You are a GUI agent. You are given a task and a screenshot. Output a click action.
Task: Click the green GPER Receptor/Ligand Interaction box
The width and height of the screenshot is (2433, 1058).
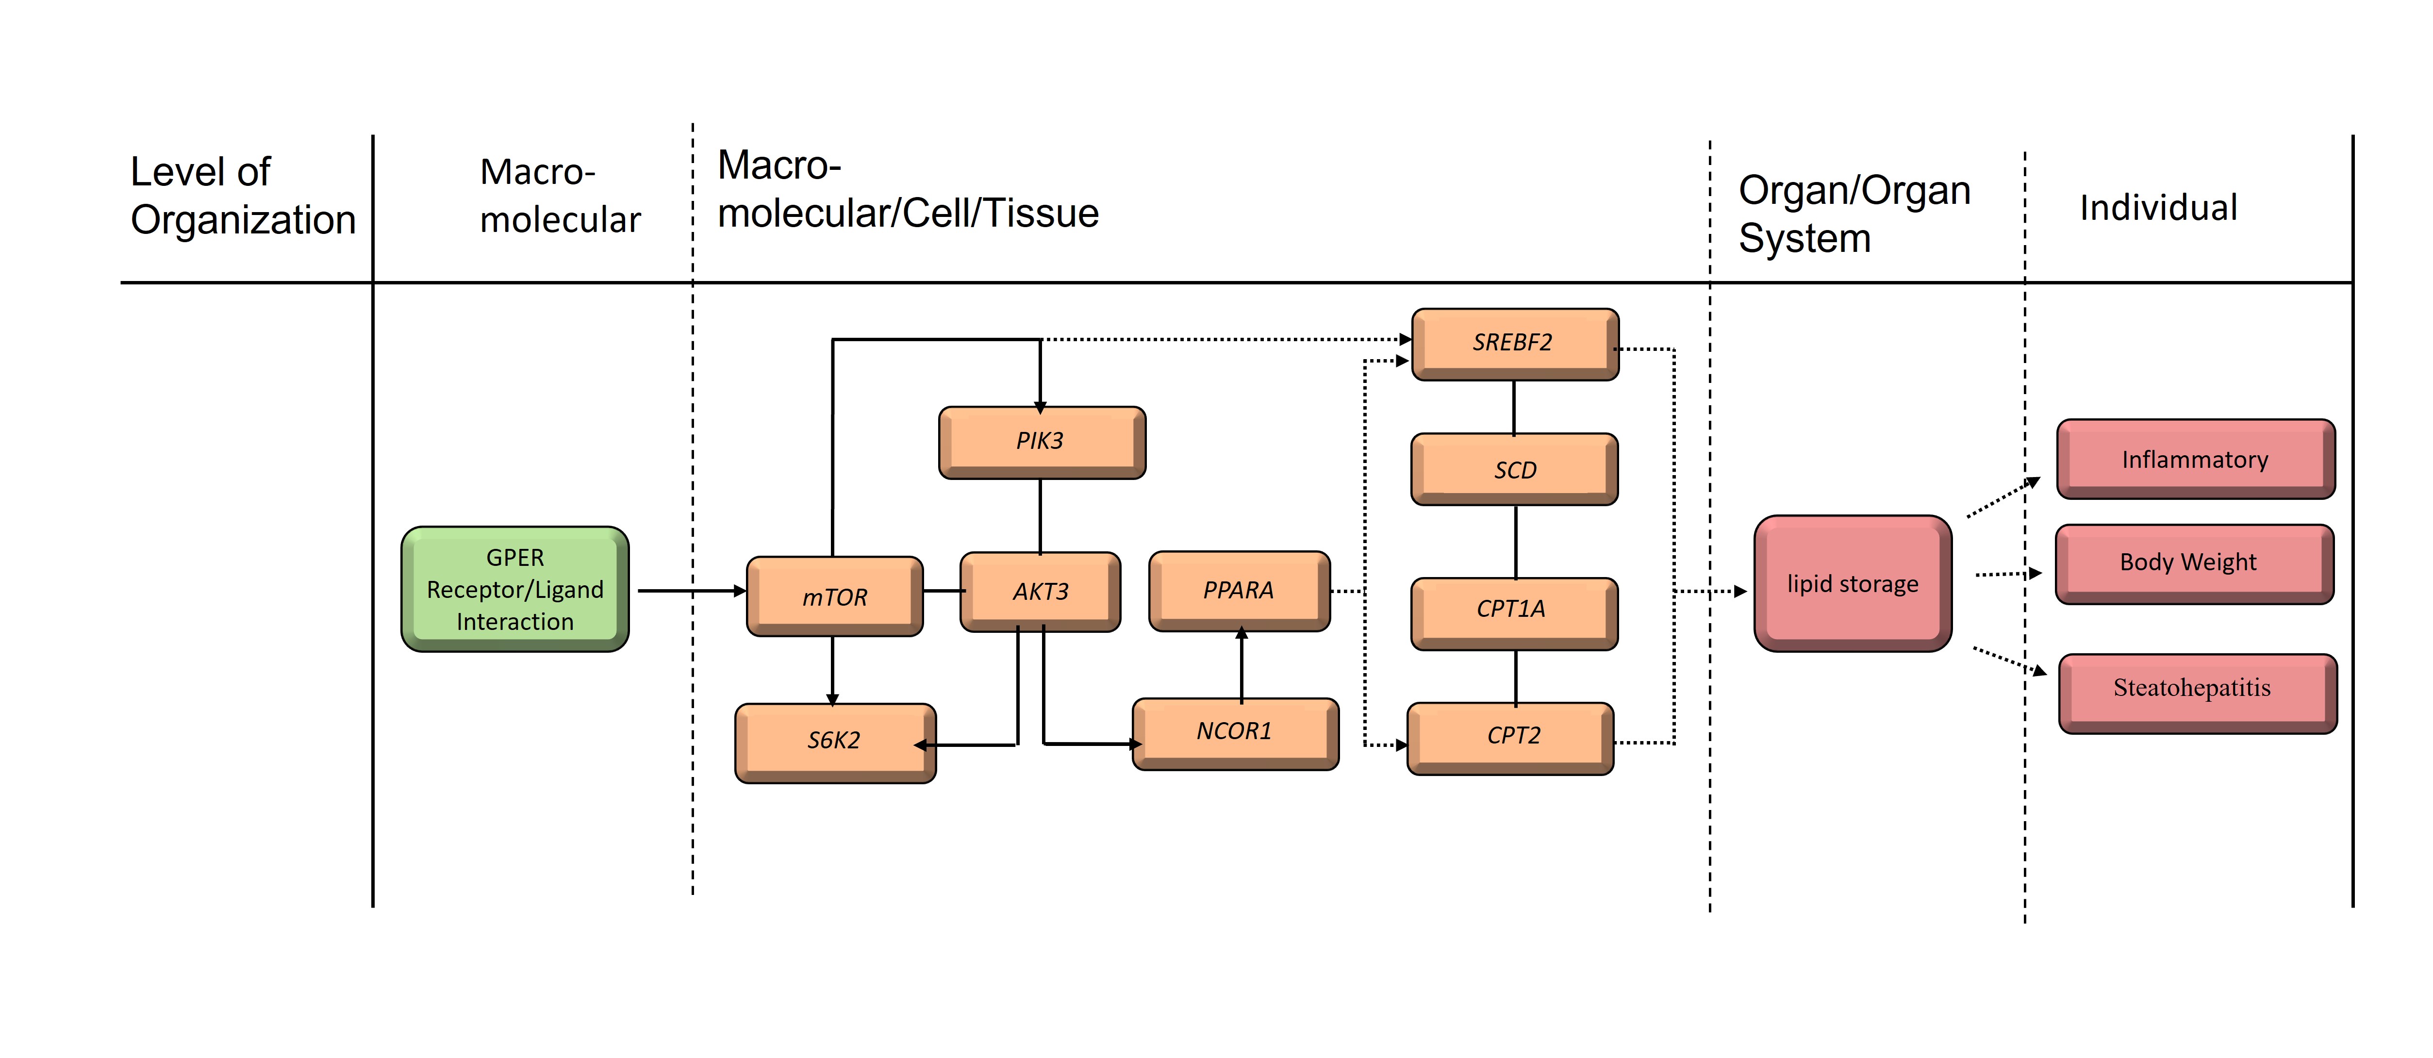point(515,590)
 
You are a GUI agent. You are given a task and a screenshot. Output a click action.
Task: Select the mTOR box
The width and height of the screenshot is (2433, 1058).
point(834,596)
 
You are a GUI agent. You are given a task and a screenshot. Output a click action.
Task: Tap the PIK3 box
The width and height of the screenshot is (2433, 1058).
point(1041,441)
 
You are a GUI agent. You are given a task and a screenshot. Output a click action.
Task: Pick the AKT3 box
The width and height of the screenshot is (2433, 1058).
point(1040,591)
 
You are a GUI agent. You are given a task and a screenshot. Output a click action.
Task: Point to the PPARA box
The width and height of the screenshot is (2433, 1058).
point(1238,591)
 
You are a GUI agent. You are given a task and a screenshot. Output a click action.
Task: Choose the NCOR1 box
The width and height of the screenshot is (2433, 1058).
point(1234,732)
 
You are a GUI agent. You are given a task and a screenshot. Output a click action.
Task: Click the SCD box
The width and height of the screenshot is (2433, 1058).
point(1514,469)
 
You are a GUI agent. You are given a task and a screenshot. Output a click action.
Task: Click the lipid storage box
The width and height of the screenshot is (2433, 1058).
point(1852,584)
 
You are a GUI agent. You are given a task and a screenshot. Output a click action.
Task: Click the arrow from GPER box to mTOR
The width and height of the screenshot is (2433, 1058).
point(690,591)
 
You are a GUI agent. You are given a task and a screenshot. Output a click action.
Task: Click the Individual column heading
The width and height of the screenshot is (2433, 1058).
point(2158,208)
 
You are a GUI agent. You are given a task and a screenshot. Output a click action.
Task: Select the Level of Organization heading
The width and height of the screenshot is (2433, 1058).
point(242,196)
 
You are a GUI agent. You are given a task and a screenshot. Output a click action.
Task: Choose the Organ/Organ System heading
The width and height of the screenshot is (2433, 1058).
point(1854,214)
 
